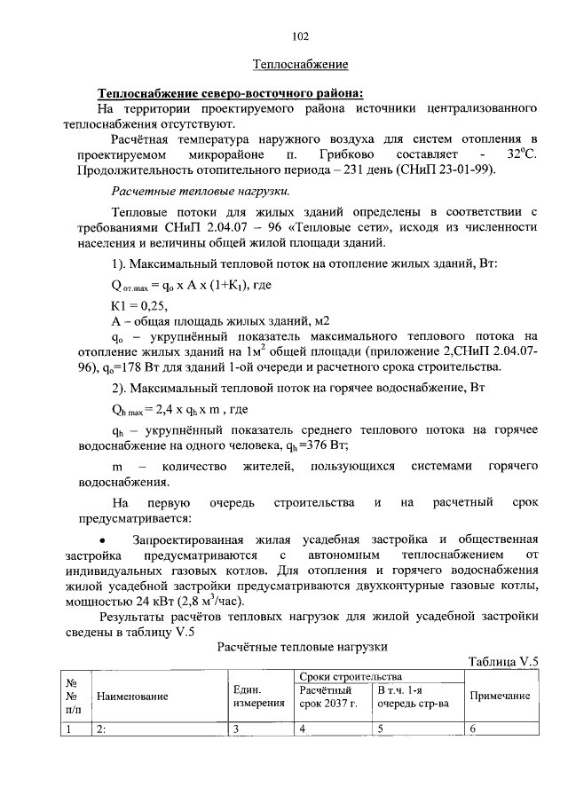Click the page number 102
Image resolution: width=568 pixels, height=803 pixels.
tap(299, 36)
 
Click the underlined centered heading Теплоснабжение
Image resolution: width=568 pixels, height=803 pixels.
tap(300, 65)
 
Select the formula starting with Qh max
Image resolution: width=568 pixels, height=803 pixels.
tap(178, 410)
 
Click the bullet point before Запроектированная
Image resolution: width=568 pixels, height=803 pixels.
tap(106, 540)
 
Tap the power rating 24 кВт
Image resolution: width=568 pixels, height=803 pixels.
tap(160, 599)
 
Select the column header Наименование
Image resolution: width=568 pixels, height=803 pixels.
tap(132, 697)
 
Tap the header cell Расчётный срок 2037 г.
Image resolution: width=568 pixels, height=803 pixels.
tap(329, 697)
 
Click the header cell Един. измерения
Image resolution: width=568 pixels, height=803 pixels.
tap(259, 697)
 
